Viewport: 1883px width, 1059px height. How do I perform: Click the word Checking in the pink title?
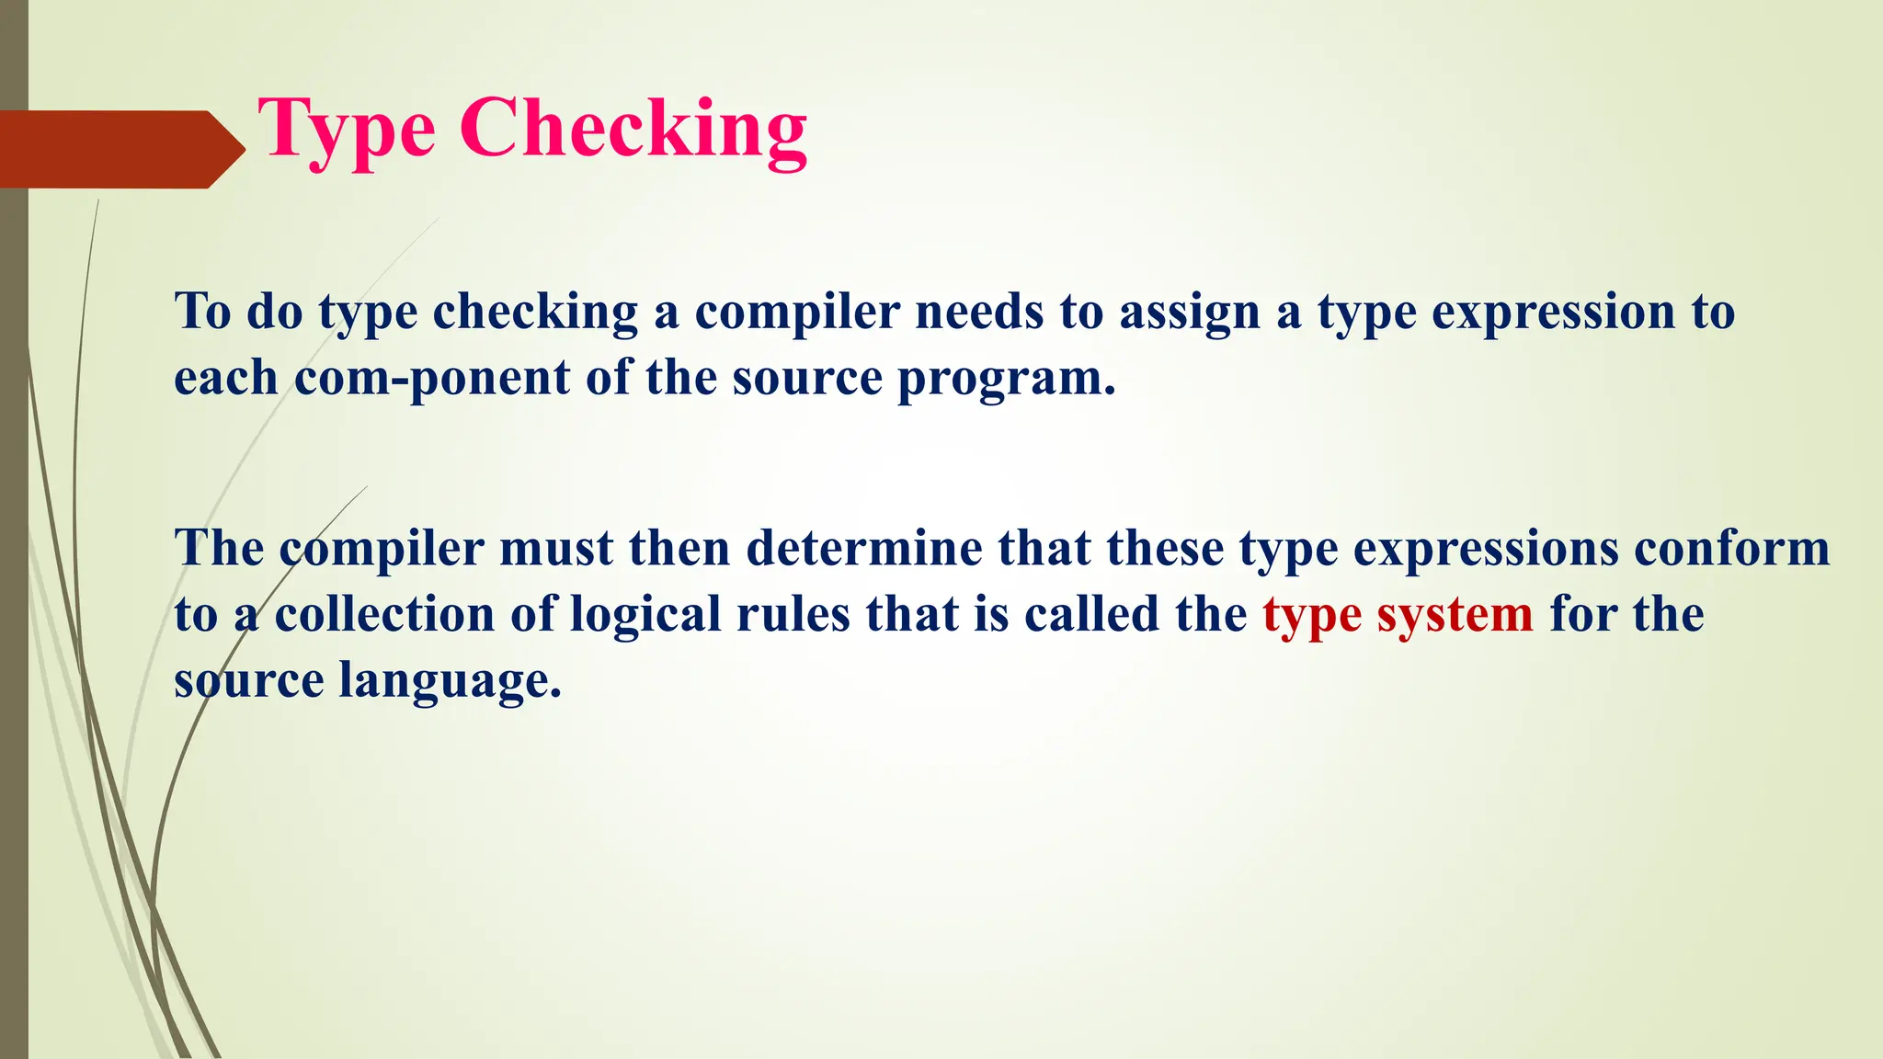(633, 130)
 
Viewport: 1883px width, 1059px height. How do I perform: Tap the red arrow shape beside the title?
(120, 149)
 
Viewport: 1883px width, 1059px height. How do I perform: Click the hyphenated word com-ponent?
(431, 378)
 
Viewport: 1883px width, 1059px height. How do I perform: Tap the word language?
(450, 682)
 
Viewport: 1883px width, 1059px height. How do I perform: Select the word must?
(555, 549)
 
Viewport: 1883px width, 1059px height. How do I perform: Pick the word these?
(1165, 549)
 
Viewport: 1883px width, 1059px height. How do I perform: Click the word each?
(225, 378)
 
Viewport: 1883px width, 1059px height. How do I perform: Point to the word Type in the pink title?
(347, 131)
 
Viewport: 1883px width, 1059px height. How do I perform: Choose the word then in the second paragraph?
(679, 549)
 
